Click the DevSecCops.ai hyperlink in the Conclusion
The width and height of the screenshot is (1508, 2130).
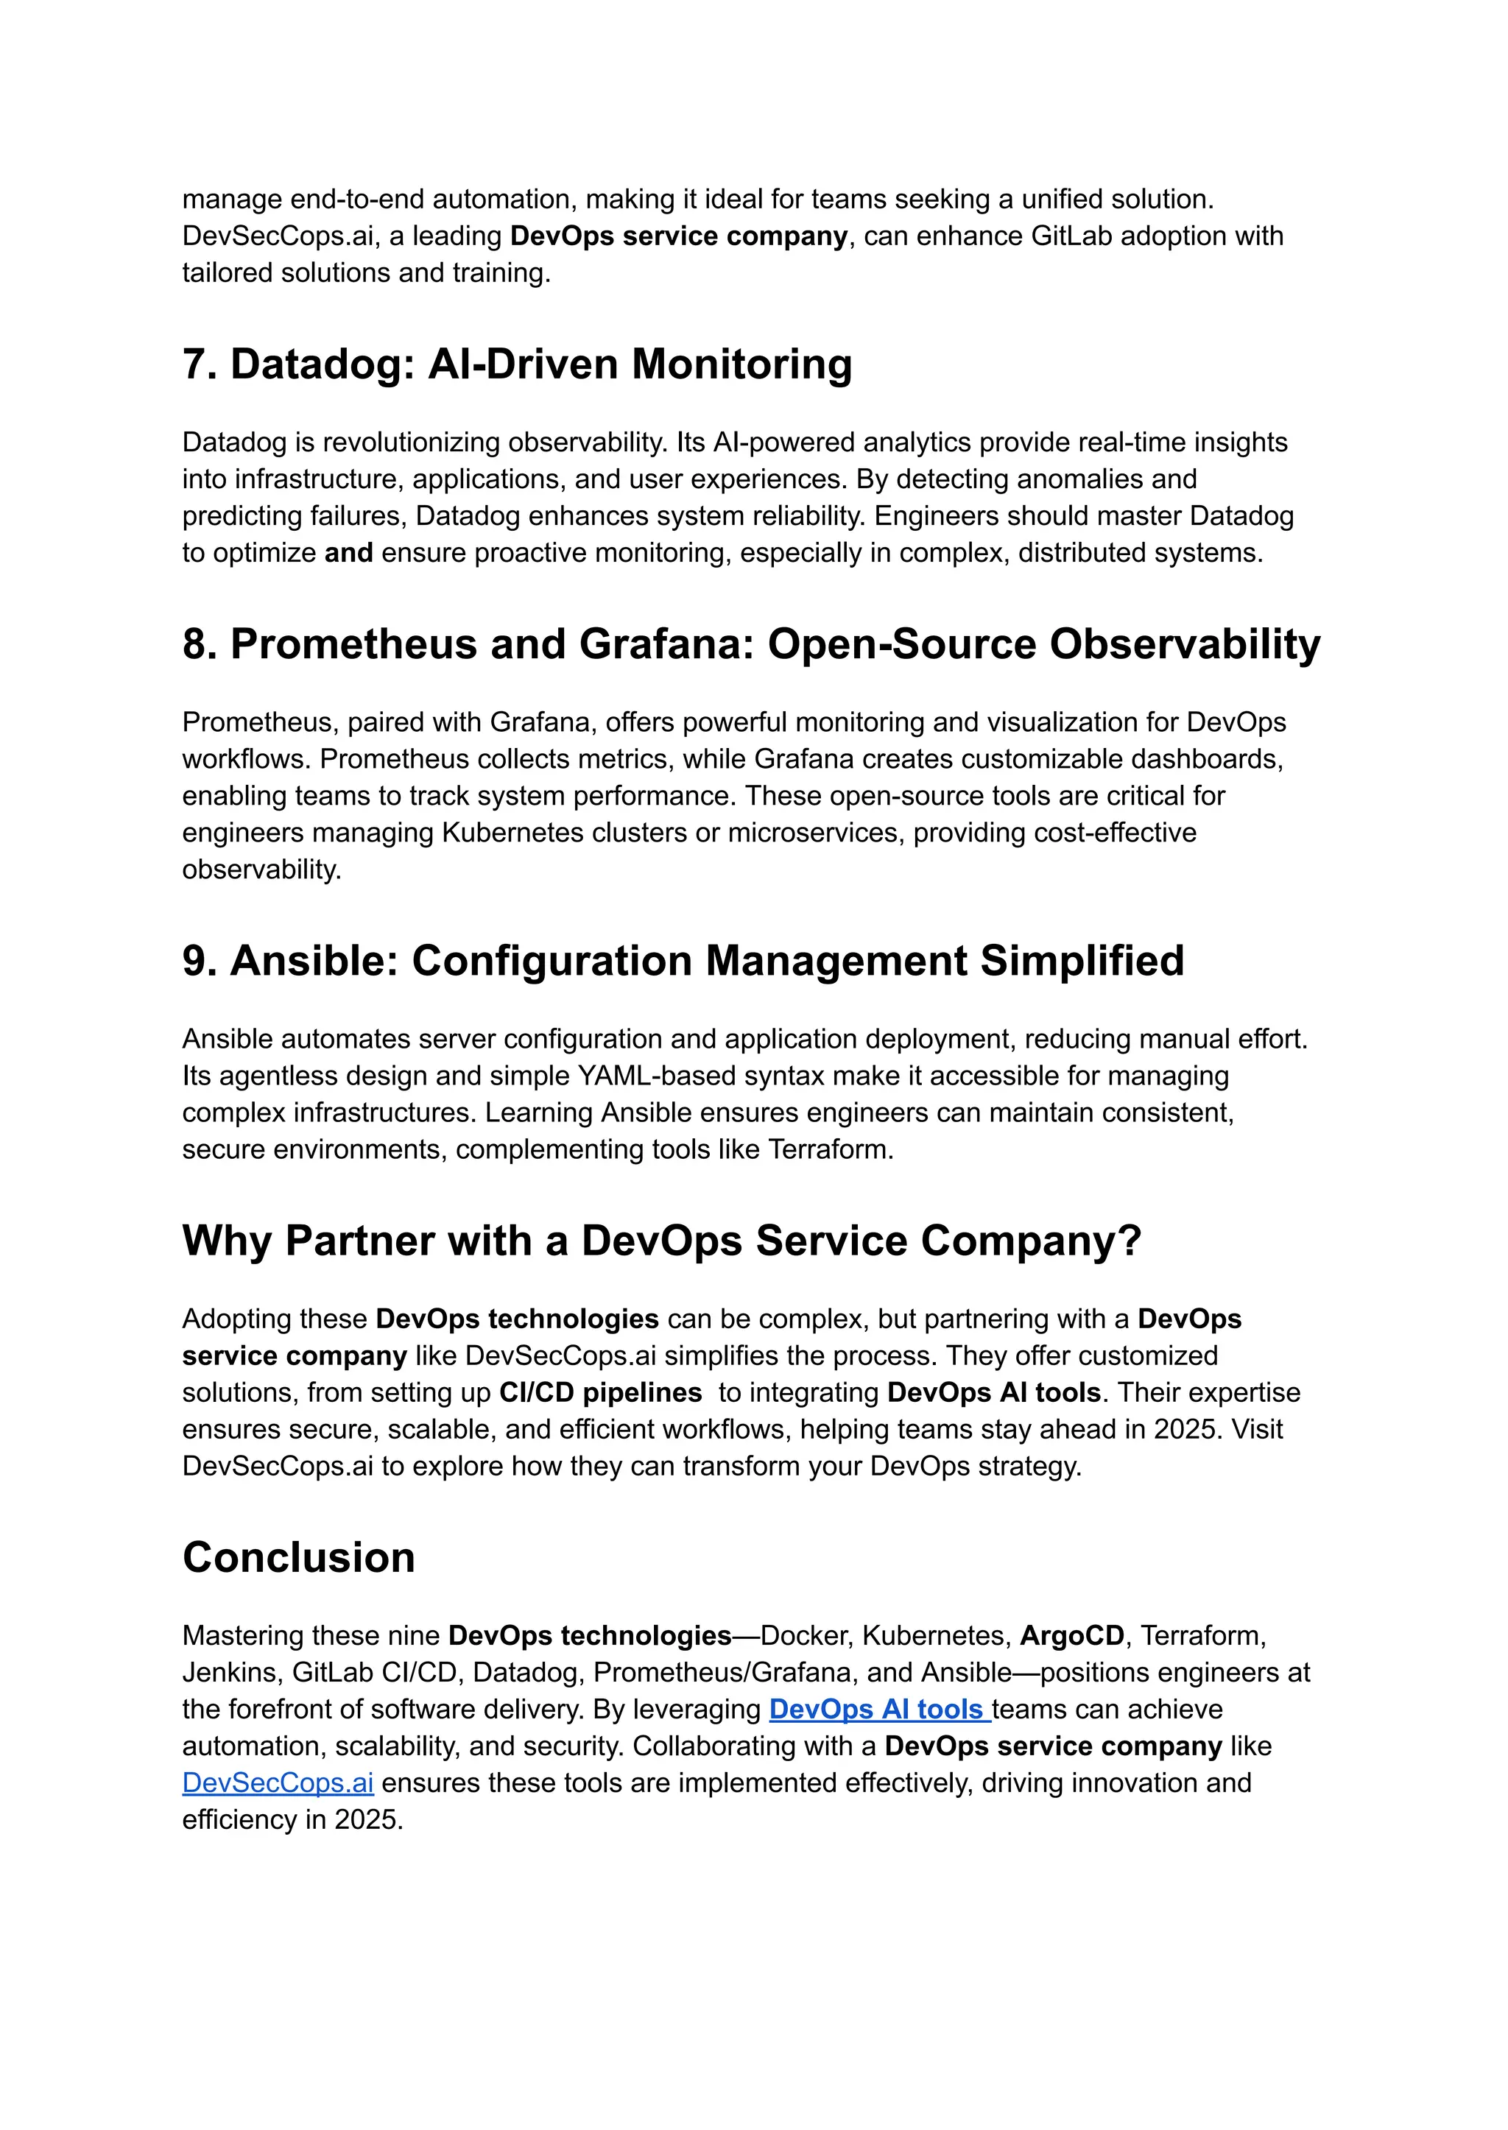point(278,1782)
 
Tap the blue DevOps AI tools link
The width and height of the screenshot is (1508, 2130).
point(878,1710)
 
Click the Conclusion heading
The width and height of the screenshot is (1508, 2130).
point(298,1558)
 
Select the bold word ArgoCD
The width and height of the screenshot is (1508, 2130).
point(1071,1635)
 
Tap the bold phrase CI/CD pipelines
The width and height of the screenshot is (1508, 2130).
point(600,1393)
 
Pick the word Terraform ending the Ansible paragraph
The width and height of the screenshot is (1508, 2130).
point(829,1149)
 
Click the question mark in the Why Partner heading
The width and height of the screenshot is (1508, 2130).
point(1130,1241)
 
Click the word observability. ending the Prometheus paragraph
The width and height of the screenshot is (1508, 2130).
point(262,870)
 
